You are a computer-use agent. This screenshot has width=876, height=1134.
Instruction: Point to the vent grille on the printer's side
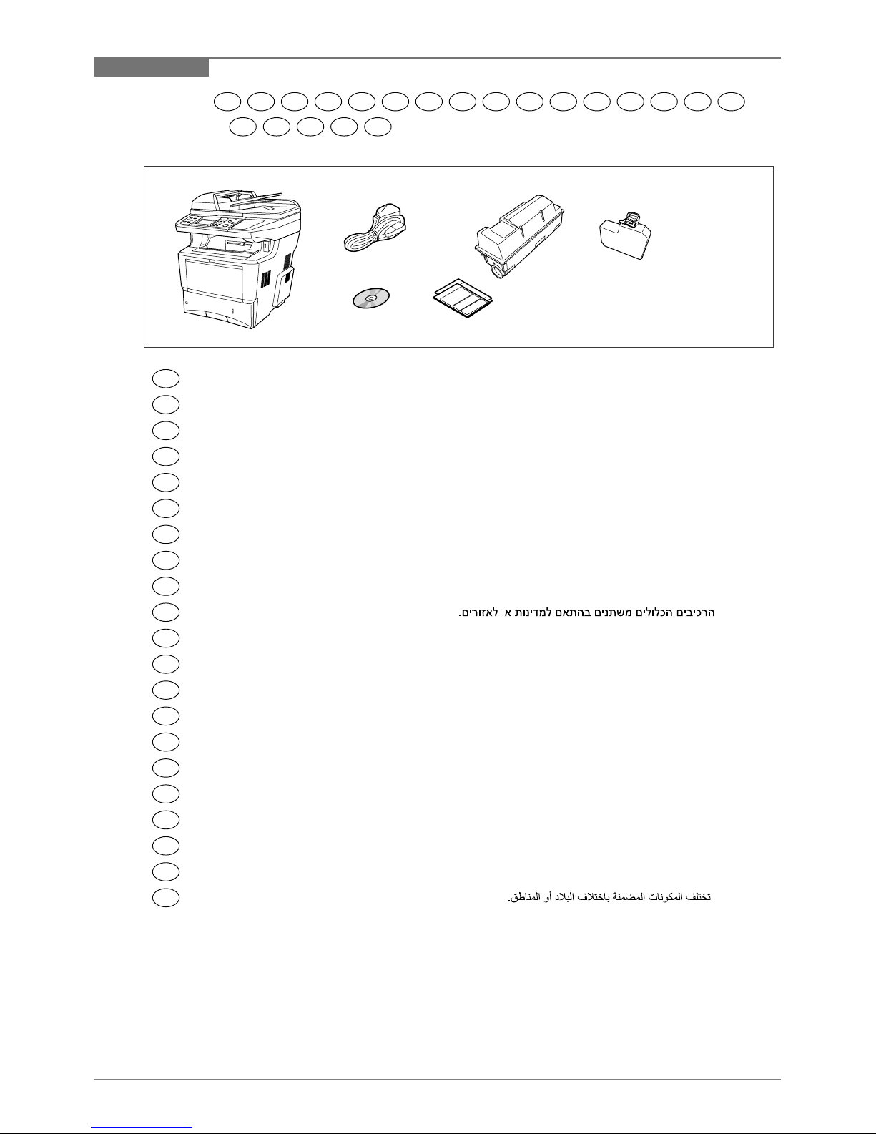point(265,279)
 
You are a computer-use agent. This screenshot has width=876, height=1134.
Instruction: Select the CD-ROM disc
point(370,298)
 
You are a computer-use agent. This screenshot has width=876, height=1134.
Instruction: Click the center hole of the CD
point(370,298)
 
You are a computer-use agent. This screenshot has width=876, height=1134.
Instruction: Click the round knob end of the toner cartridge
point(498,271)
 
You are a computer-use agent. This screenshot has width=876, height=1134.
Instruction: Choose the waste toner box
point(625,235)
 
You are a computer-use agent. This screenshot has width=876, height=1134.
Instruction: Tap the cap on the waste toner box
point(631,218)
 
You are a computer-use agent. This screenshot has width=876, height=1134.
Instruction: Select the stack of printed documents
point(463,298)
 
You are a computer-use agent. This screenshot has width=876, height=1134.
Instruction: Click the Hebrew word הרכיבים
point(695,612)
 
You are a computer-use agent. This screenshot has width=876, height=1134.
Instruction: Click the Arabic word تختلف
point(699,897)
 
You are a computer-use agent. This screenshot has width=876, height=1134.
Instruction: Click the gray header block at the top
point(152,67)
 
